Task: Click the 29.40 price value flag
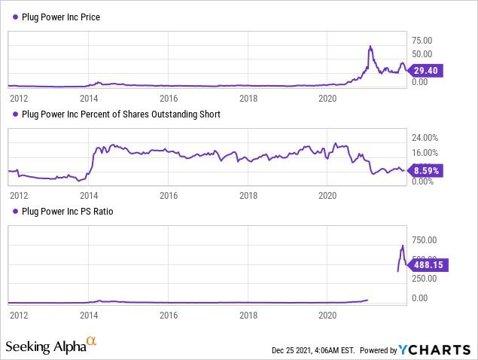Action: [x=428, y=70]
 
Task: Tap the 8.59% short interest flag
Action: [x=428, y=171]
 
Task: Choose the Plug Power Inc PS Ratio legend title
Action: [x=69, y=212]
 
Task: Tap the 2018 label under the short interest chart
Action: [x=248, y=195]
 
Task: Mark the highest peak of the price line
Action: [x=370, y=47]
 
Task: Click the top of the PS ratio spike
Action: [x=403, y=246]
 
